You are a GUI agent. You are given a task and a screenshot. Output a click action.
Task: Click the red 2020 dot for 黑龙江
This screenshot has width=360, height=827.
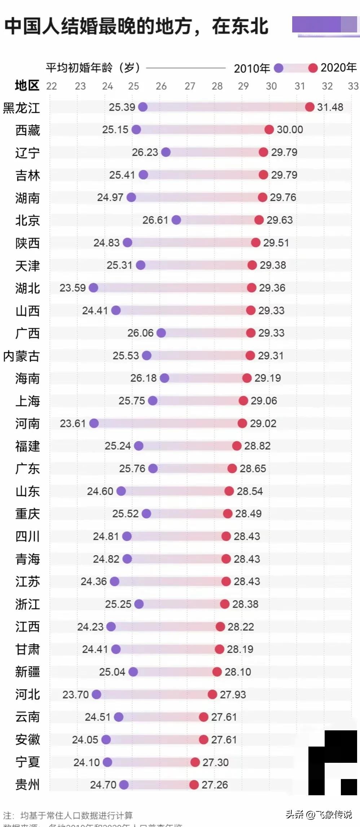point(309,107)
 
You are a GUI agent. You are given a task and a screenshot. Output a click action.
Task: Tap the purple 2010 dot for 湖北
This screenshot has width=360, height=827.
point(93,287)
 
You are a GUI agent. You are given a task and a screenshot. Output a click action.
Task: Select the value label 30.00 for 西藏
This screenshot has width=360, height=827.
point(290,129)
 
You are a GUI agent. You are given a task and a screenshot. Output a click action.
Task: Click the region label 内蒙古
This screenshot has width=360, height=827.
point(21,356)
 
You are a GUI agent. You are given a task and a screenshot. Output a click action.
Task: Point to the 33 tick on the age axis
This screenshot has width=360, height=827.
point(353,86)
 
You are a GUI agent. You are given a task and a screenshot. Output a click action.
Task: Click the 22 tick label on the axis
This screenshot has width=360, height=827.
point(52,86)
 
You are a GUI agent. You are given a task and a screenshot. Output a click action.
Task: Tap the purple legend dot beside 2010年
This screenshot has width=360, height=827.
point(278,68)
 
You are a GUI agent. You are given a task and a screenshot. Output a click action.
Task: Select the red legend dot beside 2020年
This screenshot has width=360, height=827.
point(313,68)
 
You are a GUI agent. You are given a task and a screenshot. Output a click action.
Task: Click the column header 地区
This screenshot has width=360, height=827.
point(27,85)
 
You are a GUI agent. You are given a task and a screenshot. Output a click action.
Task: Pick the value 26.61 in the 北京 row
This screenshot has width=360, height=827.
point(155,220)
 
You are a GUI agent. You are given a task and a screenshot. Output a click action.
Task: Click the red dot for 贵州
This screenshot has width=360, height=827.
point(194,784)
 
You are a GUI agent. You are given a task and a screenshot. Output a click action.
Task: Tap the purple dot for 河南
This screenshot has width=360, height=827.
point(94,423)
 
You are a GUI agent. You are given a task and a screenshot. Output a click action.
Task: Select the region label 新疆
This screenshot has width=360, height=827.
point(27,672)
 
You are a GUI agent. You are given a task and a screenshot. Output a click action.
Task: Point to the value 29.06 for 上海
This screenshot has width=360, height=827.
point(264,401)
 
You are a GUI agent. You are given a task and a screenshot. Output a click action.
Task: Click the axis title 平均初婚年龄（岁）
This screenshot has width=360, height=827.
point(93,67)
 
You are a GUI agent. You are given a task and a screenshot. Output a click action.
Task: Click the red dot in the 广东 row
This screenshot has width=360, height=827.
point(232,469)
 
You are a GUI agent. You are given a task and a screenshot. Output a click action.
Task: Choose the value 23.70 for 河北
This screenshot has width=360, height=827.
point(75,694)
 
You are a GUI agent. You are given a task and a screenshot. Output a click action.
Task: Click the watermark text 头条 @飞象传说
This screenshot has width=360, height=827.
point(319,814)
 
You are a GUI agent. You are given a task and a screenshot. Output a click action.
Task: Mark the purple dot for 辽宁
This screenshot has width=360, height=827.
point(166,152)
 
